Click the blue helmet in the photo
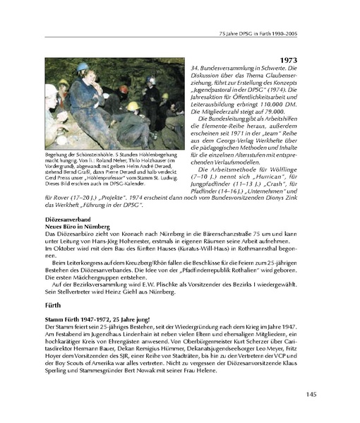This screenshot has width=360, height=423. tap(81, 66)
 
